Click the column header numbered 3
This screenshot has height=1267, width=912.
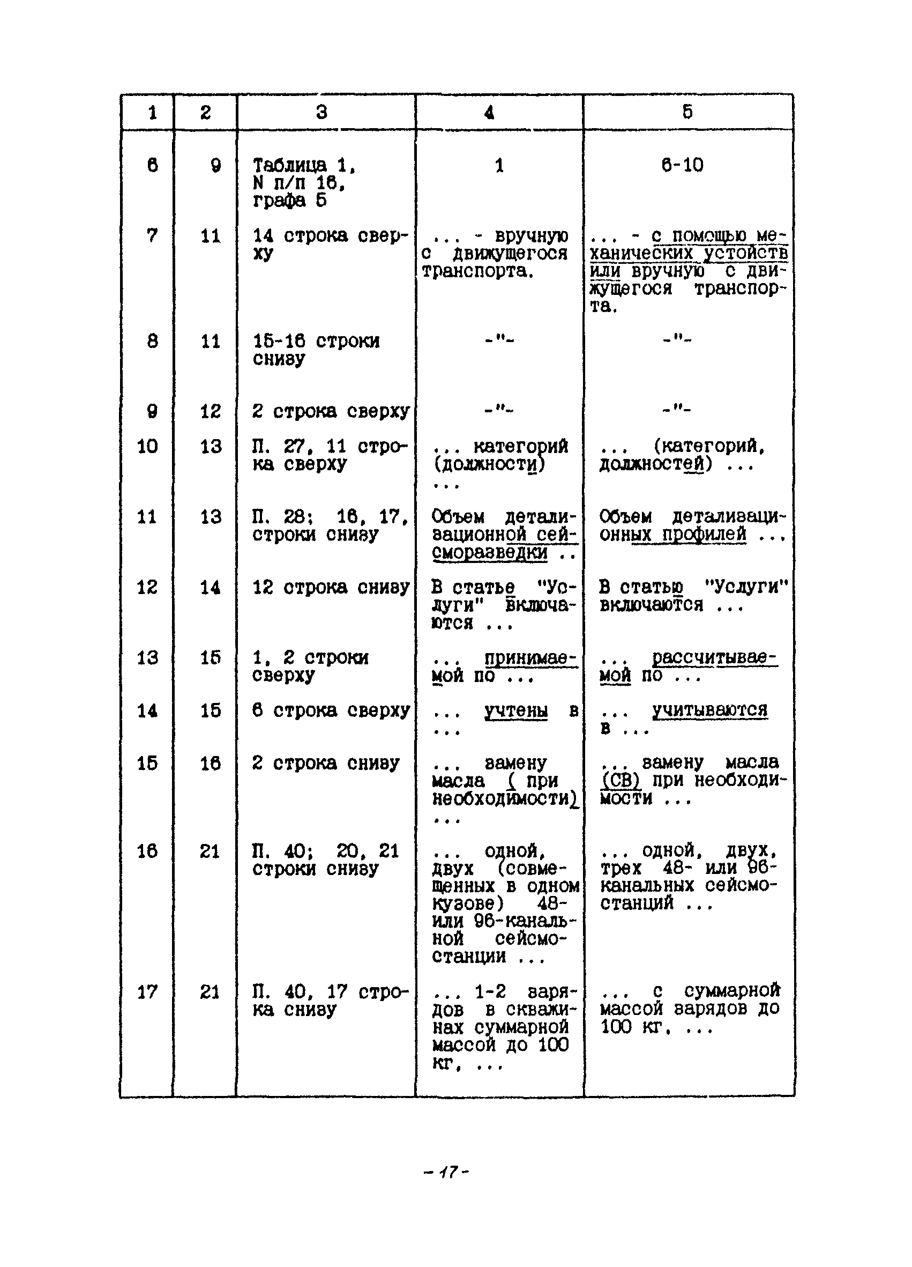point(322,112)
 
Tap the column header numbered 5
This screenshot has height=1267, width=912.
point(687,112)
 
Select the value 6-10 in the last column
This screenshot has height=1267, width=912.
point(682,165)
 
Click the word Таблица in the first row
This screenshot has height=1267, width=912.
point(290,165)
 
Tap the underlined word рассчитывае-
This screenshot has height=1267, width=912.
point(714,657)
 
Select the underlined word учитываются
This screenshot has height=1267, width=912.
point(709,710)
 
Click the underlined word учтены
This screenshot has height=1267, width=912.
point(515,710)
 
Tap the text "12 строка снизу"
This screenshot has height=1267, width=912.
point(331,587)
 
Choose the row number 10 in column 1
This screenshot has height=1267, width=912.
point(147,446)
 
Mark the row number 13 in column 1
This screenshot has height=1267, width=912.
point(147,657)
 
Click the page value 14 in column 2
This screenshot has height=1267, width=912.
point(210,587)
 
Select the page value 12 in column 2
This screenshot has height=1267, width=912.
point(211,412)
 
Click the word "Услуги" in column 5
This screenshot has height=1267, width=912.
point(746,587)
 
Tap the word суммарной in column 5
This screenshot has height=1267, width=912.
point(732,990)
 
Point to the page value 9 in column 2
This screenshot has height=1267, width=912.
point(215,165)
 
